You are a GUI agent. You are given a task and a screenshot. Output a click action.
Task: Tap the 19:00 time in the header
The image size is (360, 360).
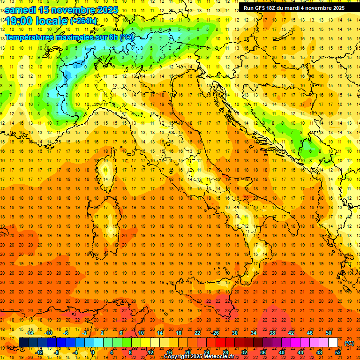click(21, 21)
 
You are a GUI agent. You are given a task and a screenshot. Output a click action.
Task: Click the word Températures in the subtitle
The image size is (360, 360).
click(31, 37)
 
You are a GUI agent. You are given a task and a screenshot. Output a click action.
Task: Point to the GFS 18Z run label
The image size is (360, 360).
click(263, 7)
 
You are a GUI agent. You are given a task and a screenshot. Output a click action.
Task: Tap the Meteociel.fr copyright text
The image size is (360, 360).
click(199, 356)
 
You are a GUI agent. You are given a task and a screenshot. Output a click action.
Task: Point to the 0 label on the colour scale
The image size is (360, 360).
click(93, 353)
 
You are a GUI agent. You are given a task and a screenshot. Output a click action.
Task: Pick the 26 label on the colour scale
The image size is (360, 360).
click(216, 333)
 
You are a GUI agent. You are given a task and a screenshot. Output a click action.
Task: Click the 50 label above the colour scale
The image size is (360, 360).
click(328, 333)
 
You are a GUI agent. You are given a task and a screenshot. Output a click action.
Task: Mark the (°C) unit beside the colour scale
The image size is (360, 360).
click(349, 343)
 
